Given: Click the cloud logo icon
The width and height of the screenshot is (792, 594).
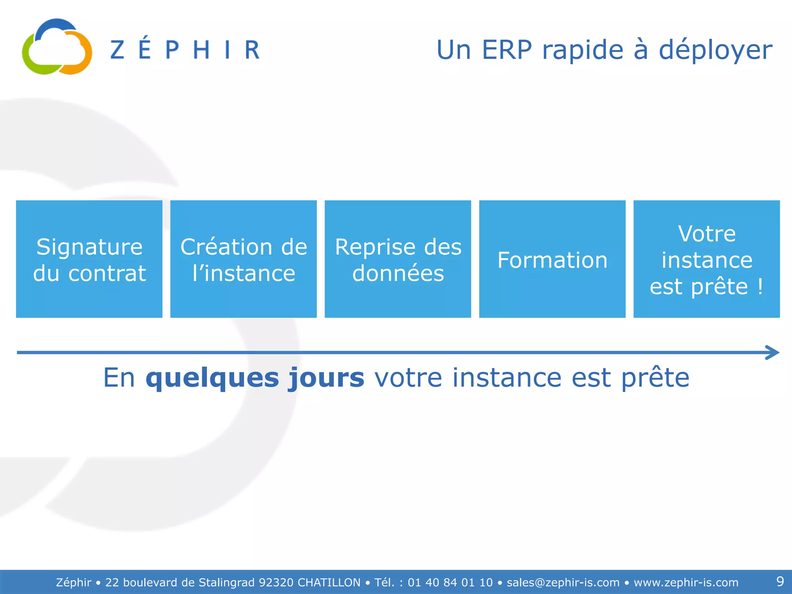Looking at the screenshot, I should (57, 47).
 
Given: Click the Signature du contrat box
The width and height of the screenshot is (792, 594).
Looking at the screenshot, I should (89, 259).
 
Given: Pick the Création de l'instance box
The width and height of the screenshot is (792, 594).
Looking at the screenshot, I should (243, 259).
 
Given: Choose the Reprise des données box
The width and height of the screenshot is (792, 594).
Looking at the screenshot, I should (398, 259).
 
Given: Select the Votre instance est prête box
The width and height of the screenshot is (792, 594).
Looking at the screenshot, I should (707, 259).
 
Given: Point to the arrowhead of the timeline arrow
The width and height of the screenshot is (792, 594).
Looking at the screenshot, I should (773, 352).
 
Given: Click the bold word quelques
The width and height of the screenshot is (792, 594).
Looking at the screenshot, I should (212, 378).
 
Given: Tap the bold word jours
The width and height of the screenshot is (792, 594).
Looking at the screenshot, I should (326, 378).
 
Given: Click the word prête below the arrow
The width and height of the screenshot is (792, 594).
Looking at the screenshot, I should (655, 378).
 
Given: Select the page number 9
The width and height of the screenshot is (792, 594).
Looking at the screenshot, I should (780, 581).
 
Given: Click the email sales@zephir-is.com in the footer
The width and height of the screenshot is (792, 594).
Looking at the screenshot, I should (563, 582).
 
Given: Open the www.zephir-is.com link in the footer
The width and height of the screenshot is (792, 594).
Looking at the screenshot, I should (686, 582).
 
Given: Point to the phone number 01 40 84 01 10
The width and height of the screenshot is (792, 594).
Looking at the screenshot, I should (450, 582).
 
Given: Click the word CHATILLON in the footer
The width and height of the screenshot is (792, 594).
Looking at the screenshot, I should (329, 582).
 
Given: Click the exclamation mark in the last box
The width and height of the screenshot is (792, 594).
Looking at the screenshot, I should (760, 287).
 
